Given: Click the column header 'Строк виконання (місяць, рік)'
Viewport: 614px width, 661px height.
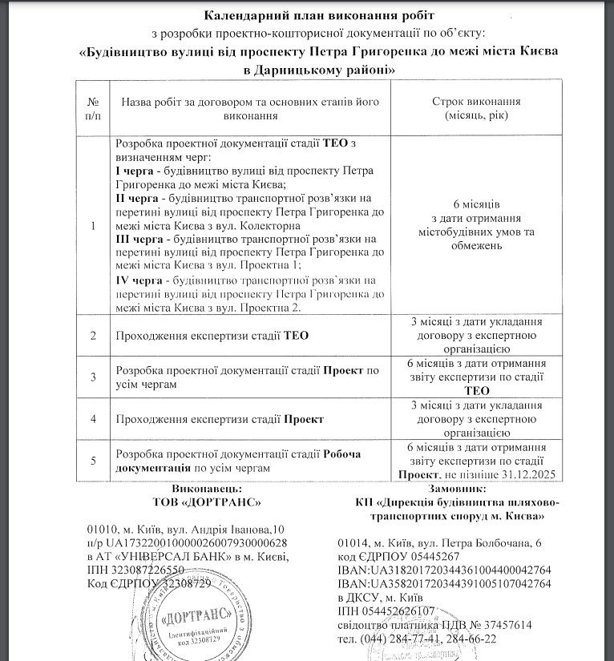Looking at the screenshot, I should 476,109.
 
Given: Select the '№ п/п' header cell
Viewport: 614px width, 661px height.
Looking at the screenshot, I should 95,109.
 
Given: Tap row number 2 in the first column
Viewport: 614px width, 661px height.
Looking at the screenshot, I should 95,336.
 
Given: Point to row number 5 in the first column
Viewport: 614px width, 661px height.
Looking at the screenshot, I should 95,461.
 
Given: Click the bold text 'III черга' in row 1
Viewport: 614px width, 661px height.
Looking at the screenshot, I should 138,239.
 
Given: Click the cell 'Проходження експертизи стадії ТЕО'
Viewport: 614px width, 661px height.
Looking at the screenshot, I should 212,336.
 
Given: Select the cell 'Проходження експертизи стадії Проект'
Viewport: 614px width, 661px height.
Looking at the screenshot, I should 220,419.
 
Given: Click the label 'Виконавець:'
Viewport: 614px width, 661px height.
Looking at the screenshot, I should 207,488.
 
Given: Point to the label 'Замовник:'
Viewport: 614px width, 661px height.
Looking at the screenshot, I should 458,488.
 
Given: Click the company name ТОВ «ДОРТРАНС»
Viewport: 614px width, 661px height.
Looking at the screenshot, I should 207,502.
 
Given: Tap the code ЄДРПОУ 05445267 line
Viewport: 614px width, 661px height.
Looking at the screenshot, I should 398,556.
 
